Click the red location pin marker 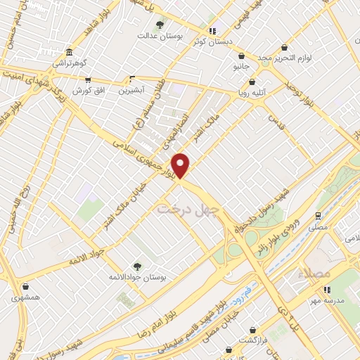pos(181,165)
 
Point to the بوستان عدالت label pos(155,34)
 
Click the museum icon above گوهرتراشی pos(68,53)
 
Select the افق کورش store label pos(88,91)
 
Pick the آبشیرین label pos(131,91)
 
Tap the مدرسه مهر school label pos(335,301)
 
